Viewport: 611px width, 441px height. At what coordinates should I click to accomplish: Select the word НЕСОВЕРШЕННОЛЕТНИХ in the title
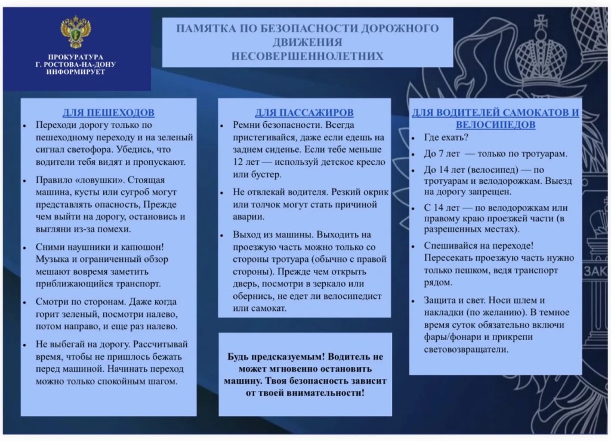pyautogui.click(x=307, y=56)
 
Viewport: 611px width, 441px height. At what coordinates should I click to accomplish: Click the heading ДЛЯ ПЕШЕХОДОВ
pyautogui.click(x=109, y=113)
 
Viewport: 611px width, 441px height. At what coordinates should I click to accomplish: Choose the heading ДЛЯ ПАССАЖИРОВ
pyautogui.click(x=304, y=113)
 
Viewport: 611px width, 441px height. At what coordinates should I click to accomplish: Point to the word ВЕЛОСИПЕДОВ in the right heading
pyautogui.click(x=495, y=125)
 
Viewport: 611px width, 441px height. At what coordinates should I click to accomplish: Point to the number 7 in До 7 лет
pyautogui.click(x=441, y=154)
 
